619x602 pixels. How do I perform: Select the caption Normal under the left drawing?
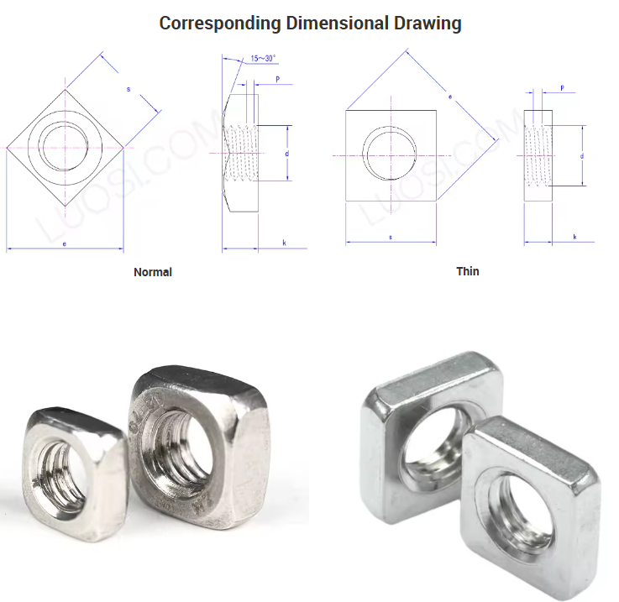click(153, 272)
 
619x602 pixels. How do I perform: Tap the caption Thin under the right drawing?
click(468, 271)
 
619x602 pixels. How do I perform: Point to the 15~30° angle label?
click(263, 59)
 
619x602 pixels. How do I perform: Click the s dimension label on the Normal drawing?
click(129, 88)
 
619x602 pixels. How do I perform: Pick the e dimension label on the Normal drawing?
click(65, 243)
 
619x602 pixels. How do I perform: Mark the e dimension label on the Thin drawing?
click(450, 97)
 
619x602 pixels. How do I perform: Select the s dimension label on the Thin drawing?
click(391, 238)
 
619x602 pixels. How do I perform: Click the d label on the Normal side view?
click(286, 154)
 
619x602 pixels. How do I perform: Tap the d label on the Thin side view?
click(582, 156)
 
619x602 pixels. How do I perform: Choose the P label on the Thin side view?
click(561, 88)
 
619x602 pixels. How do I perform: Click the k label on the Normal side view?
click(284, 243)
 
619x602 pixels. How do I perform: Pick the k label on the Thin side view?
click(574, 238)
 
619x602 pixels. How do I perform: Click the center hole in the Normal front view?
click(65, 147)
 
